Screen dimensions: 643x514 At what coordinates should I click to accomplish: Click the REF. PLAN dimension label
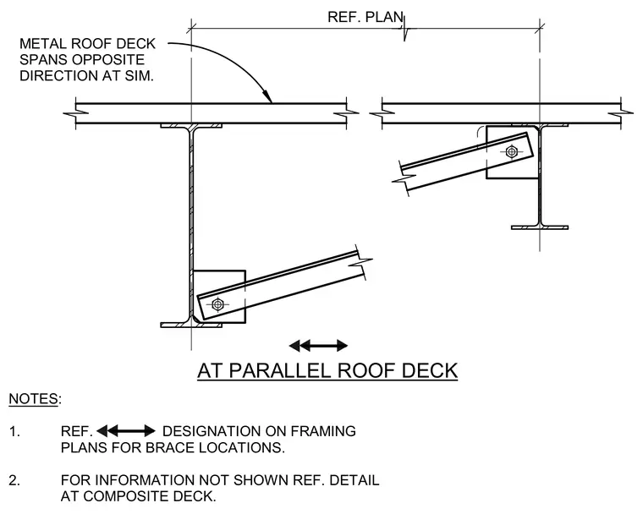click(365, 17)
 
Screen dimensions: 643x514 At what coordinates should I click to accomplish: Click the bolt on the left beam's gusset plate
click(217, 304)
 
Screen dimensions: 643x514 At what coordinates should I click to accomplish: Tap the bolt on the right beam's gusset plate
click(511, 151)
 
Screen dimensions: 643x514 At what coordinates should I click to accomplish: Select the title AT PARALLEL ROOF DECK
click(327, 370)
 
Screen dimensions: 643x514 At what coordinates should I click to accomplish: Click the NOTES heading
click(35, 399)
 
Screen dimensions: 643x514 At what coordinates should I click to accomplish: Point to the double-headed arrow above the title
click(318, 346)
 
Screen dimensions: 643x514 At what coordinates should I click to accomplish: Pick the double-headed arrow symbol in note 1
click(126, 431)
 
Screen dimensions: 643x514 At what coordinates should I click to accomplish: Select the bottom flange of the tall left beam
click(191, 325)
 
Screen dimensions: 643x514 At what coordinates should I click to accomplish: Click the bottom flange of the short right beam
click(540, 227)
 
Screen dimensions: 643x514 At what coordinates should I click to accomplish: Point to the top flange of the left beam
click(191, 125)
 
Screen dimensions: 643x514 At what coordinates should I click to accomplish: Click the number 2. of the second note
click(14, 480)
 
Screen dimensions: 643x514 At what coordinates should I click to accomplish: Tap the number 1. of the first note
click(14, 431)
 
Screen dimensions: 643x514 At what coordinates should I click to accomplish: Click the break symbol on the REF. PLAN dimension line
click(404, 29)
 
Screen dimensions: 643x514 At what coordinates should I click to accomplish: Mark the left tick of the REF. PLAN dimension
click(191, 28)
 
